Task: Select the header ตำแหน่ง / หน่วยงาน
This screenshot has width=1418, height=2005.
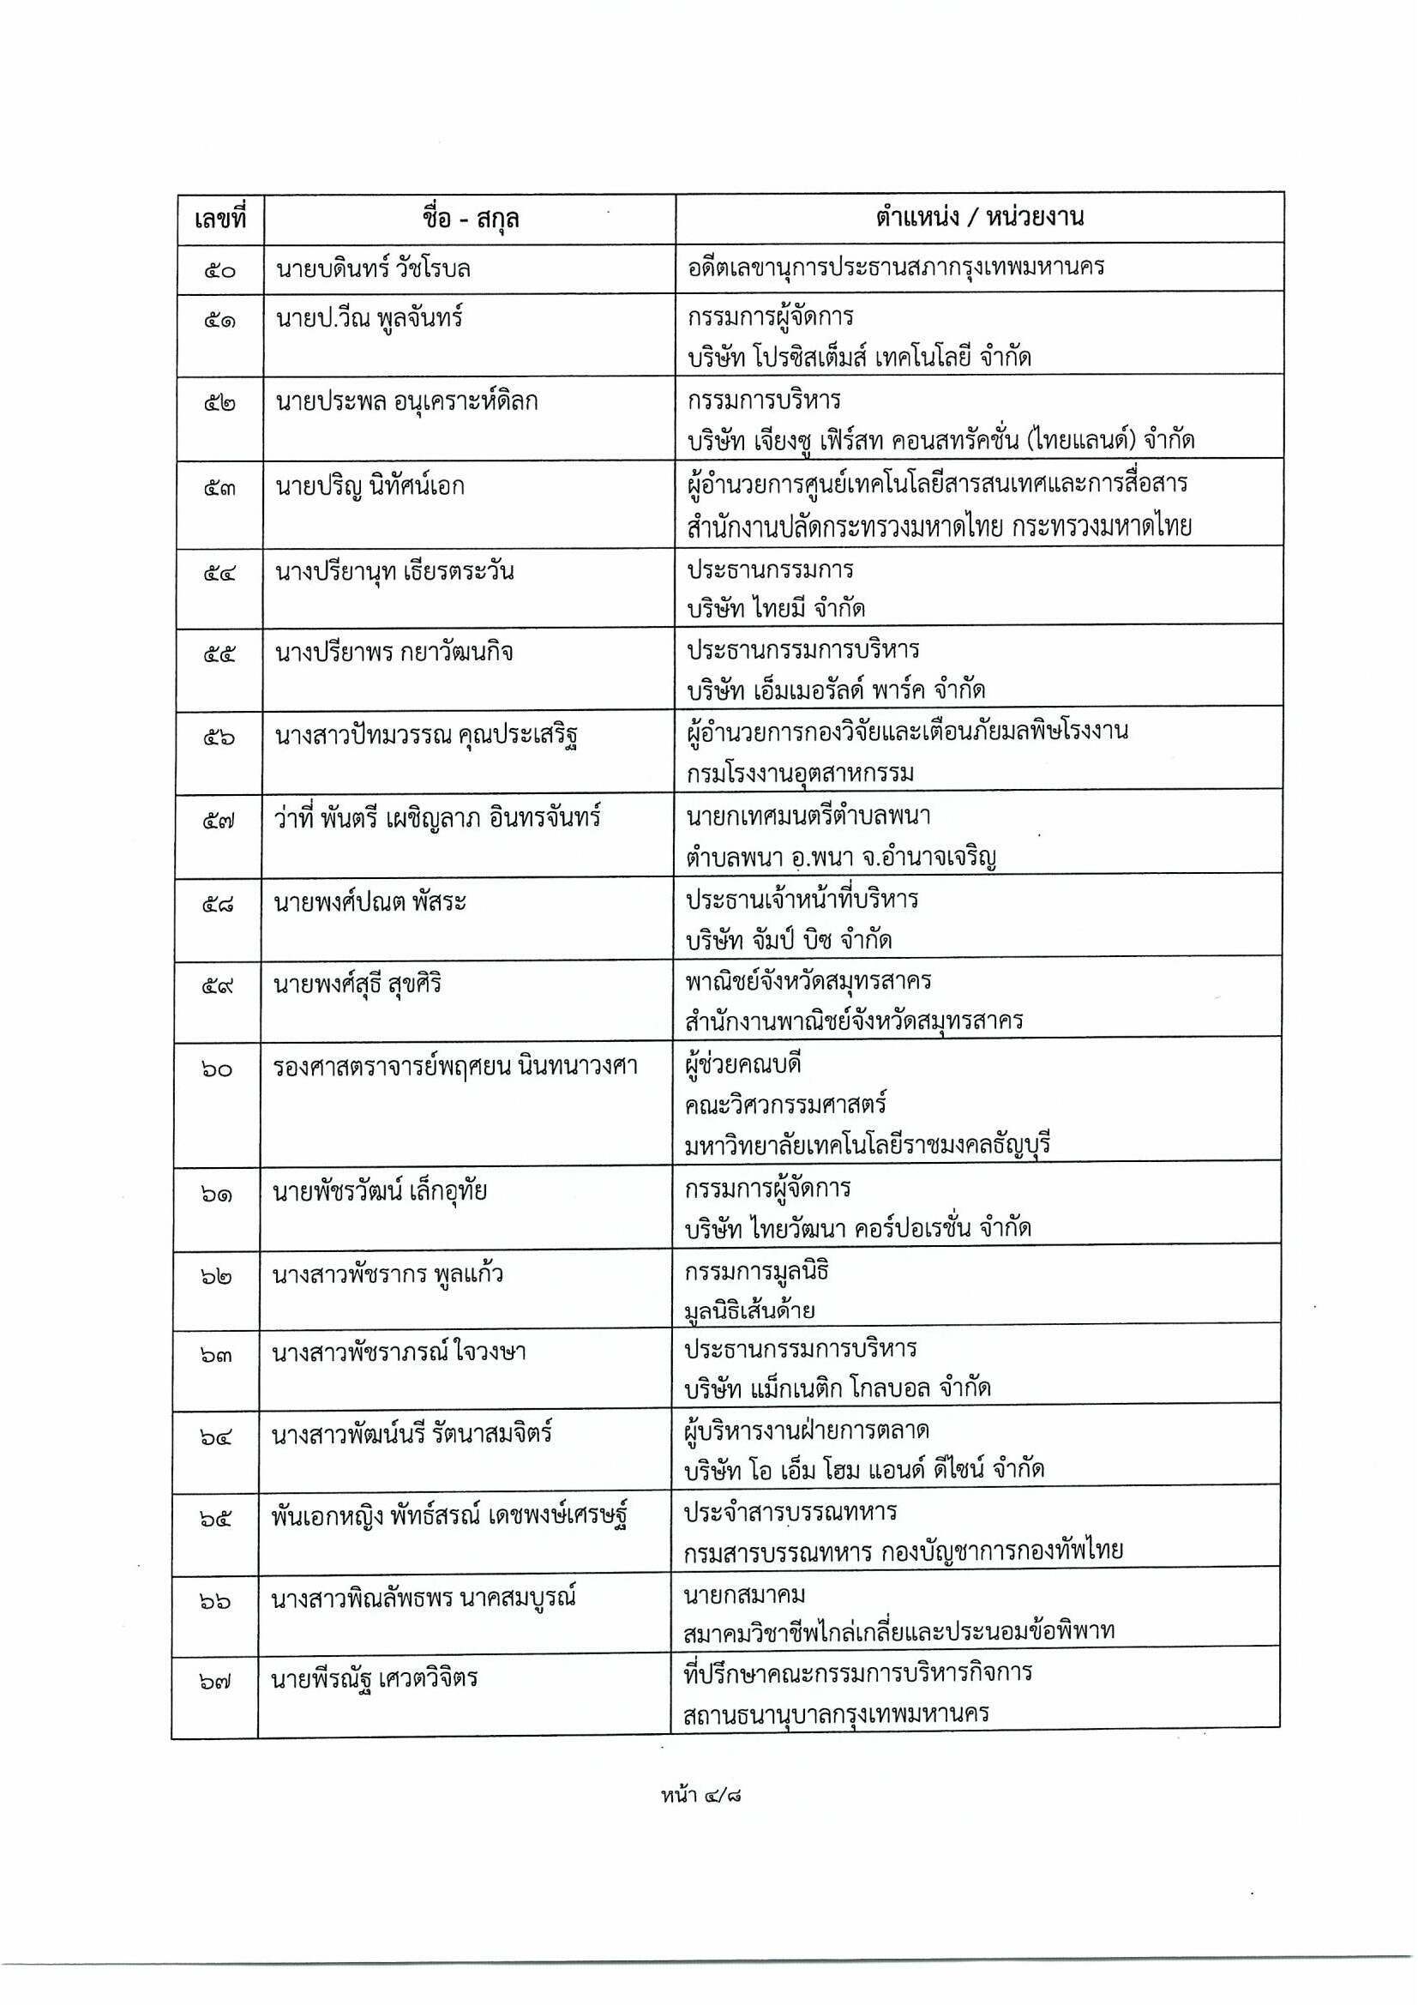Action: click(x=979, y=217)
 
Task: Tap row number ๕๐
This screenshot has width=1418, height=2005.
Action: click(x=220, y=270)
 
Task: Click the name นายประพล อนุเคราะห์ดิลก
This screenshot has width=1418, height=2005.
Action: click(x=406, y=402)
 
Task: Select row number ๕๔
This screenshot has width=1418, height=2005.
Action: click(x=219, y=574)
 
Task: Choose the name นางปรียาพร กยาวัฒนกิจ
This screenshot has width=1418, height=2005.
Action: click(x=394, y=653)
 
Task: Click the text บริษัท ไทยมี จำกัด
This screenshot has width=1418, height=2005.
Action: click(x=775, y=609)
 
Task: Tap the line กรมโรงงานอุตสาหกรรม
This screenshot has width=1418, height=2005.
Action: click(x=800, y=773)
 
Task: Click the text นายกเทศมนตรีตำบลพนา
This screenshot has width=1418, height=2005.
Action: click(x=808, y=816)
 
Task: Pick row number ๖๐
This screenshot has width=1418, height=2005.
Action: click(x=217, y=1069)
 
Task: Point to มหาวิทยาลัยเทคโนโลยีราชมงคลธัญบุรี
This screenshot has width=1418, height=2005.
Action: click(x=867, y=1144)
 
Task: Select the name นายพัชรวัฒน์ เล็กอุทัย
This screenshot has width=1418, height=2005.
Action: click(x=380, y=1191)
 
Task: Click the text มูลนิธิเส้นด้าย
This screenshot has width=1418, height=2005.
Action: click(x=750, y=1310)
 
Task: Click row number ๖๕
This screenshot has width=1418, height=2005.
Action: click(x=216, y=1520)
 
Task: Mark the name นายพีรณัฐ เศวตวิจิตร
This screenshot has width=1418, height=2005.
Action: click(x=375, y=1678)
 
